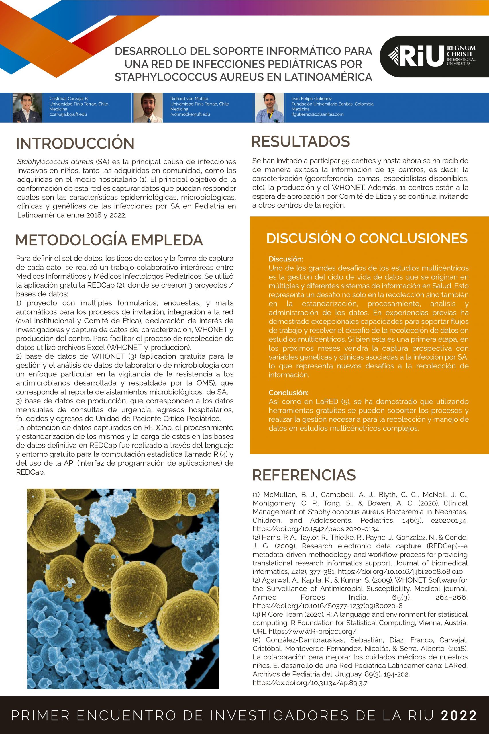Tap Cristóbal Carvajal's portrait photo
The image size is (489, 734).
click(27, 107)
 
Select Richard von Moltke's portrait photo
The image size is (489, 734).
click(148, 107)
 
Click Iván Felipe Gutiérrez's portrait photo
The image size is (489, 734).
click(270, 107)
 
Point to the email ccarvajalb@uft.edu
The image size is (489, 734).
click(68, 114)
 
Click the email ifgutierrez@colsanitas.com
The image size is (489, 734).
click(317, 114)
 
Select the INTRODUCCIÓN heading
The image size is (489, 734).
click(75, 143)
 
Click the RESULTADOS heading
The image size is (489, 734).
click(300, 141)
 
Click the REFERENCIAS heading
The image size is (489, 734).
click(304, 475)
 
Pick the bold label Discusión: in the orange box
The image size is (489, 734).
click(286, 259)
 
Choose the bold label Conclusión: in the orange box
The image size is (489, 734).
click(288, 393)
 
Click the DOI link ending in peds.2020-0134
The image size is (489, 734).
click(316, 529)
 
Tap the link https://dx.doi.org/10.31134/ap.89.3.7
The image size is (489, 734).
click(310, 683)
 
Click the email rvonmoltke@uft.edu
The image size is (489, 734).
click(190, 114)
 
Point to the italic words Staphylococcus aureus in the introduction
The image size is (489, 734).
click(55, 162)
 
